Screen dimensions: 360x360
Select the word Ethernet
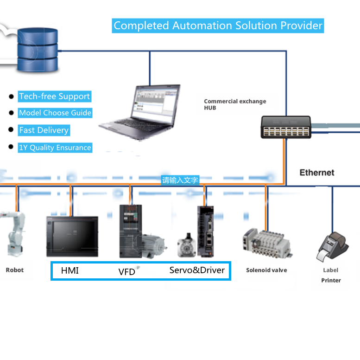[316, 173]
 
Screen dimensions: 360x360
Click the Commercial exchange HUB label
[235, 104]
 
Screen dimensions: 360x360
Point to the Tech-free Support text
[54, 96]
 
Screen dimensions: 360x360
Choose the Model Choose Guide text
[55, 113]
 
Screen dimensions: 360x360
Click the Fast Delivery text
[44, 130]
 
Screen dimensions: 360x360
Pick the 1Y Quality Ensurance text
[55, 148]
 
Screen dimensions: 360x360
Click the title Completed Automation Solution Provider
[218, 26]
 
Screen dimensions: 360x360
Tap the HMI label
[70, 270]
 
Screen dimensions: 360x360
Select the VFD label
[126, 271]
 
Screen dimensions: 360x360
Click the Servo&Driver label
[197, 270]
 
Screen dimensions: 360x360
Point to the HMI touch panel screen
[72, 236]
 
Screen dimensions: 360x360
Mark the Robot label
[14, 270]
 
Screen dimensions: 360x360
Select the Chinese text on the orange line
[180, 180]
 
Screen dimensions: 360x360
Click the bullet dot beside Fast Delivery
[11, 130]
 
